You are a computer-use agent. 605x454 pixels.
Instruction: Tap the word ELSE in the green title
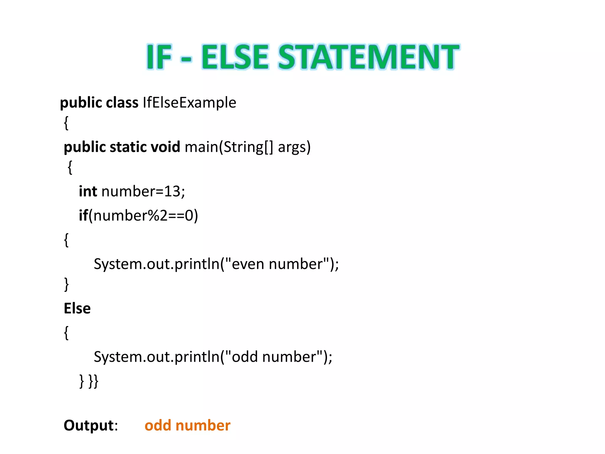pos(235,57)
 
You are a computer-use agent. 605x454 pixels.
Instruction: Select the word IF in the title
pos(159,57)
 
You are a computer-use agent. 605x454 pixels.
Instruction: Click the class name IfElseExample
pos(189,103)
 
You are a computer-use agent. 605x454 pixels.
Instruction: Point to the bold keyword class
pos(122,103)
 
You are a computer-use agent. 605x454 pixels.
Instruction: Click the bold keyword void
pos(165,147)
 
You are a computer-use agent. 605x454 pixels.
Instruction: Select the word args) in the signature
pos(294,147)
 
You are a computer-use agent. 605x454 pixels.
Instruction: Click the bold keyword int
pos(88,191)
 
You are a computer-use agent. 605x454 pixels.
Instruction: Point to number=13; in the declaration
pos(143,191)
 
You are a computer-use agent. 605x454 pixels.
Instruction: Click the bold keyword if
pos(83,215)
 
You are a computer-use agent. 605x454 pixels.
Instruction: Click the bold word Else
pos(77,309)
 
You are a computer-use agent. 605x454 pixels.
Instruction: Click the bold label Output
pos(89,426)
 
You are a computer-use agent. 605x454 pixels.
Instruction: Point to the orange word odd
pos(158,426)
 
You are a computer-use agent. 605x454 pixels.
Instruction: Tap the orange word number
pos(203,426)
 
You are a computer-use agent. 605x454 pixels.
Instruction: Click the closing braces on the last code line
pos(89,381)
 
